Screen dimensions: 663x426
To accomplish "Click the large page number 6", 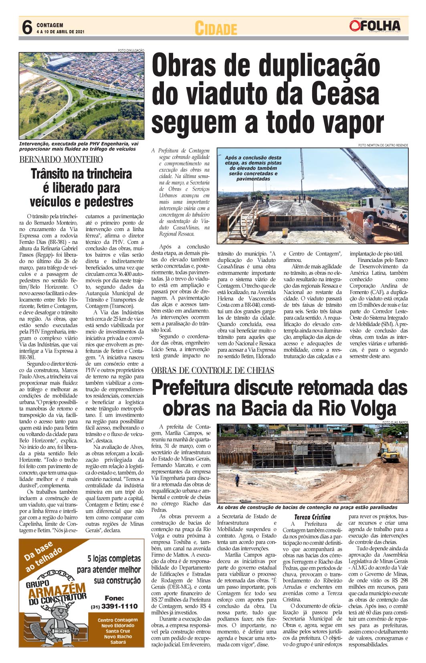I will [27, 27].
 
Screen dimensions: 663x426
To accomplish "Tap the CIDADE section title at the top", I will [216, 28].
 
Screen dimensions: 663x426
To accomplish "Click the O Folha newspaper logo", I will [374, 26].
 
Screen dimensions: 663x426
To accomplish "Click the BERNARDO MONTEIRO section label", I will [61, 159].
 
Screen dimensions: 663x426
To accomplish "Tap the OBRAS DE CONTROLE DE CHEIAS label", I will [213, 370].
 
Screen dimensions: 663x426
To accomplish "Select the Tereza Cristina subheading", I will [312, 517].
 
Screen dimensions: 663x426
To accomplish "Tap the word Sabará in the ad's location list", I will [118, 642].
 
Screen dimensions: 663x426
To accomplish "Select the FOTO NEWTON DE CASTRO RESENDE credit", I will [383, 145].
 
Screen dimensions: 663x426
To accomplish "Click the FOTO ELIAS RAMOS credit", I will [395, 422].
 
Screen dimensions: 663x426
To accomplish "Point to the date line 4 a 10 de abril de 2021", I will [60, 32].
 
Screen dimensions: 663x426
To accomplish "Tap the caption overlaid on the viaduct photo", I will [253, 168].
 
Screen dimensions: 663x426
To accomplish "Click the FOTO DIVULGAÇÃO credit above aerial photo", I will [131, 50].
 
